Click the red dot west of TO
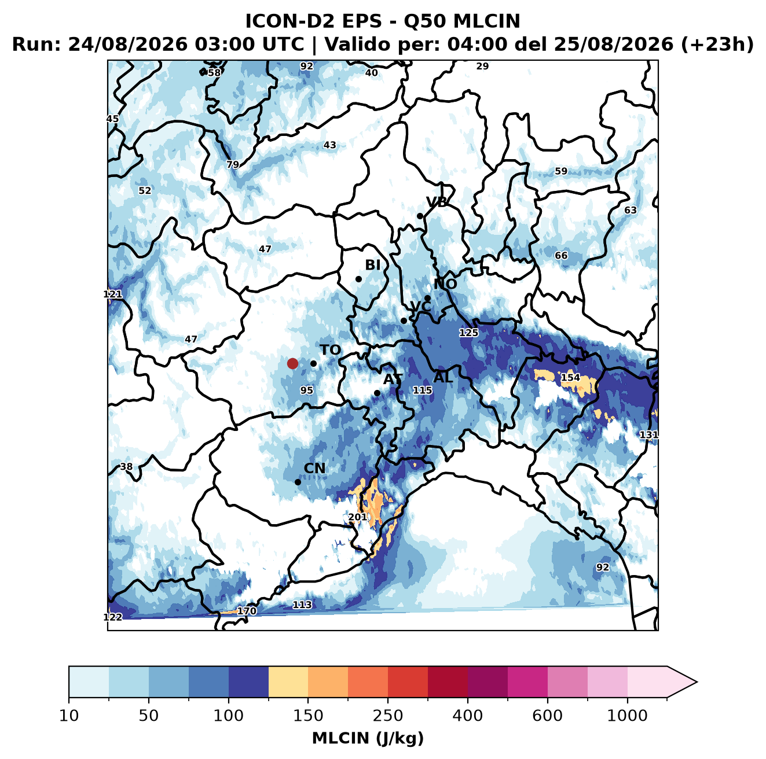[292, 363]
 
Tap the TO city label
[331, 350]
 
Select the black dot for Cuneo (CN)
[298, 482]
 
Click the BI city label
[372, 265]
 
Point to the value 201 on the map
[357, 517]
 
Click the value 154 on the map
[570, 377]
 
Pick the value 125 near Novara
[468, 333]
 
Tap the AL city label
[443, 377]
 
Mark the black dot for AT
[377, 393]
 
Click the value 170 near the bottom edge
[247, 611]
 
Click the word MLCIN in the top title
[486, 21]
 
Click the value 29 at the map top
[482, 67]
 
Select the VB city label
[437, 202]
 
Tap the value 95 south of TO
[306, 390]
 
